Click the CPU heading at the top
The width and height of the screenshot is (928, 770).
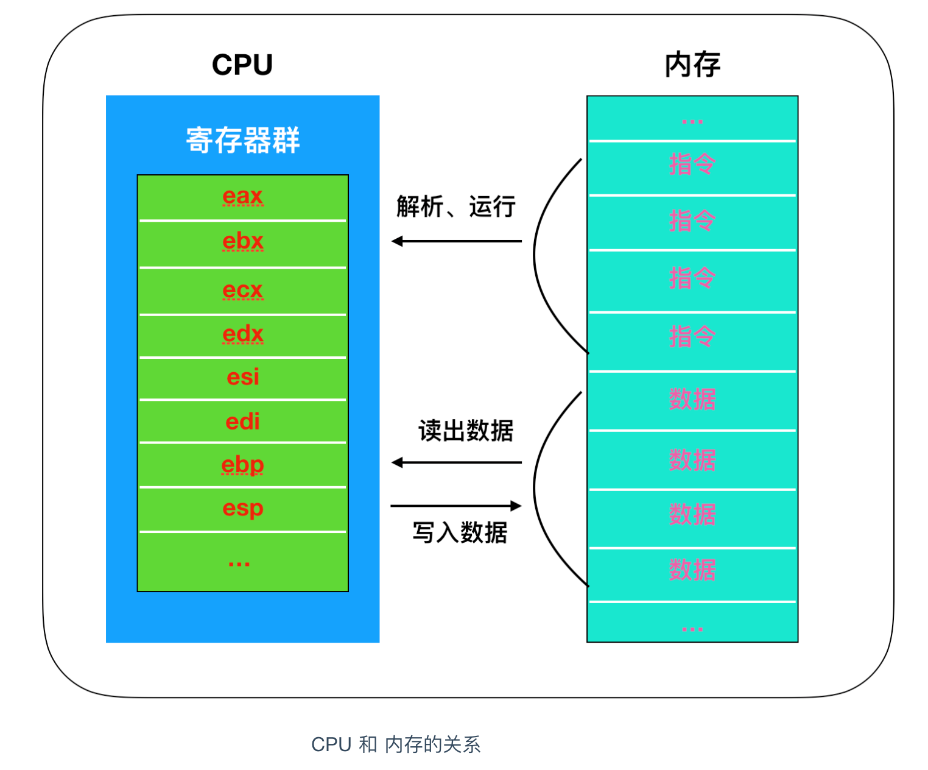pyautogui.click(x=242, y=65)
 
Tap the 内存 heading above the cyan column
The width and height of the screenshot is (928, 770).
pyautogui.click(x=692, y=65)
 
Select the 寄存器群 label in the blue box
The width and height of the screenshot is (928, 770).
pyautogui.click(x=242, y=140)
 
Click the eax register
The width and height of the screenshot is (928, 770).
pyautogui.click(x=242, y=196)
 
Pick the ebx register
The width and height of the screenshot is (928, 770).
pyautogui.click(x=242, y=241)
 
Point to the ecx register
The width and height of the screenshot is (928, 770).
pyautogui.click(x=242, y=290)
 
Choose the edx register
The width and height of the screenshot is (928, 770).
pyautogui.click(x=242, y=334)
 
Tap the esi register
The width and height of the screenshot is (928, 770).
pyautogui.click(x=242, y=377)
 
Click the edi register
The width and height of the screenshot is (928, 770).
pyautogui.click(x=242, y=422)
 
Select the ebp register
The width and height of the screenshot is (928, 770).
pyautogui.click(x=242, y=465)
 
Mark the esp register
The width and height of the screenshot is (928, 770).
pyautogui.click(x=242, y=508)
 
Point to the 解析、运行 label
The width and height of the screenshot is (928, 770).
pyautogui.click(x=455, y=207)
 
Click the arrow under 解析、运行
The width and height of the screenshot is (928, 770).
pyautogui.click(x=456, y=241)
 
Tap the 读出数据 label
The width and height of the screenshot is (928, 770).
pyautogui.click(x=466, y=431)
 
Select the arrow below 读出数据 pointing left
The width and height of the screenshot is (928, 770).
pyautogui.click(x=456, y=463)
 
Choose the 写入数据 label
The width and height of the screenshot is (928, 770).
pyautogui.click(x=460, y=532)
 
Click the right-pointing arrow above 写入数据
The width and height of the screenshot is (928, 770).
pyautogui.click(x=456, y=506)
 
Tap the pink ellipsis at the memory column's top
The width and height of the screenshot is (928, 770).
pyautogui.click(x=692, y=122)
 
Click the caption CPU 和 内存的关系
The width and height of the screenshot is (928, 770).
pyautogui.click(x=396, y=744)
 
